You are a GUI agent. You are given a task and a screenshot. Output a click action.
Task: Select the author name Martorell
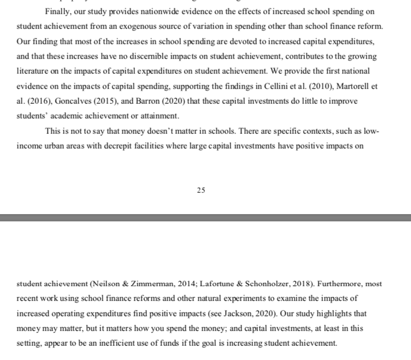(x=364, y=86)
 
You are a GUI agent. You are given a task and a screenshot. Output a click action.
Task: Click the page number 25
(x=201, y=190)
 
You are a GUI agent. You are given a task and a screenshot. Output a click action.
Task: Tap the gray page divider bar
(x=205, y=217)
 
